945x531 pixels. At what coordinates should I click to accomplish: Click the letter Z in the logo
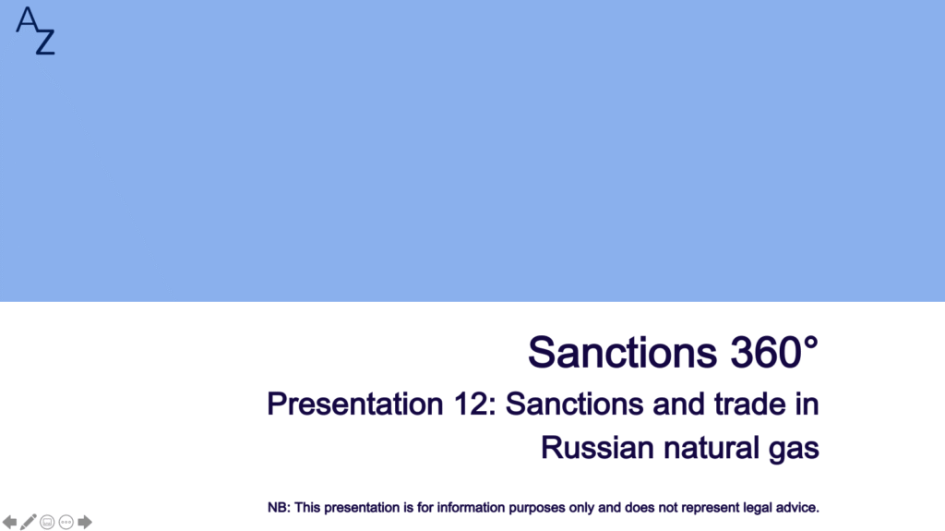[45, 41]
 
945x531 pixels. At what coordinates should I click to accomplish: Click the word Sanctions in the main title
[623, 352]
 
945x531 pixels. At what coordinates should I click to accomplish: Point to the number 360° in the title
[774, 352]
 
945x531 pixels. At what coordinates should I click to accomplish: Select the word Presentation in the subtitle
[355, 404]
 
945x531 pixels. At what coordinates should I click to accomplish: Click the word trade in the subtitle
[749, 404]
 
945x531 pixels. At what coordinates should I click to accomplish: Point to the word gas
[794, 450]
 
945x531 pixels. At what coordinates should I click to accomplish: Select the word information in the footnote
[472, 508]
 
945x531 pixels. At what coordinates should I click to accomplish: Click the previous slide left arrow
[9, 522]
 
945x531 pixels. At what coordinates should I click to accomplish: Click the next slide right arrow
[85, 522]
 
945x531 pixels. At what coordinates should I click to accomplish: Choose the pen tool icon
[29, 522]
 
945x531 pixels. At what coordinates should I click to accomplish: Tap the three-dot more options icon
[66, 522]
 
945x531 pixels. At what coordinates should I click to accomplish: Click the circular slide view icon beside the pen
[47, 522]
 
